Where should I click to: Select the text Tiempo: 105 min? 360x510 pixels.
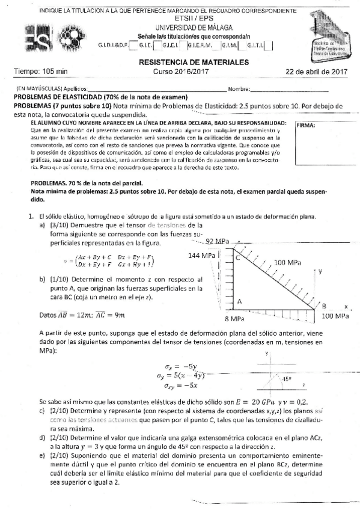(x=41, y=72)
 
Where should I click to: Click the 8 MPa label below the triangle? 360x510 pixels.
(x=234, y=317)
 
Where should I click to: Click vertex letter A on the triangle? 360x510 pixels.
(x=239, y=301)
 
